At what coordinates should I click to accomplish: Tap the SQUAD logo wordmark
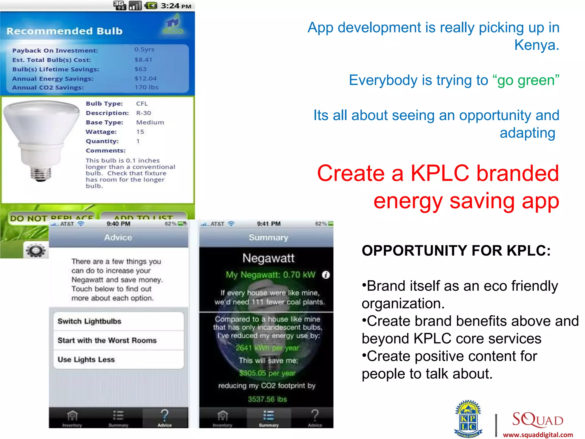tap(538, 420)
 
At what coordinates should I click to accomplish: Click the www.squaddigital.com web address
tap(538, 435)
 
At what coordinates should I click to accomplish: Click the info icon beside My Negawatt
tap(326, 275)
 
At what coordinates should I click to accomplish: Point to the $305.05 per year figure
tap(267, 373)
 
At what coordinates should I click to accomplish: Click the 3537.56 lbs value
tap(267, 399)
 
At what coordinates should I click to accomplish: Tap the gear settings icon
tap(36, 250)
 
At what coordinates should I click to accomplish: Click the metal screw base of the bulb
tap(41, 173)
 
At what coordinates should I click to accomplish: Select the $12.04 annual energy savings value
tap(146, 78)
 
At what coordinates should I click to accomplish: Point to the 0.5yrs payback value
tap(144, 49)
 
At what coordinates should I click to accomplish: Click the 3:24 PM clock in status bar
tap(176, 6)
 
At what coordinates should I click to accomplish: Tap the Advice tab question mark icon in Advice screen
tap(165, 416)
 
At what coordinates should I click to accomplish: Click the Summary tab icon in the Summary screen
tap(269, 416)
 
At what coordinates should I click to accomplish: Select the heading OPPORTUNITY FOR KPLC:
tap(456, 251)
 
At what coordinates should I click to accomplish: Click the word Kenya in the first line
tap(536, 45)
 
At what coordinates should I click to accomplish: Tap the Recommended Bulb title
tap(65, 31)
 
